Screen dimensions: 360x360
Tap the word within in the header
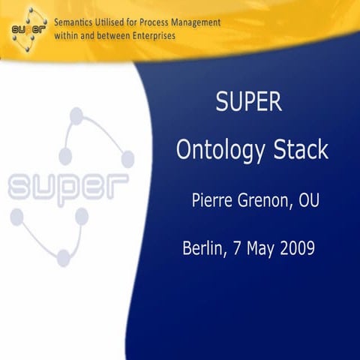[68, 36]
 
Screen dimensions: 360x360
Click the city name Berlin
[202, 248]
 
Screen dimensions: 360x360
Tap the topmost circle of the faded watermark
[76, 116]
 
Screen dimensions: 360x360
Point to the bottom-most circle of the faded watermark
[64, 258]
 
